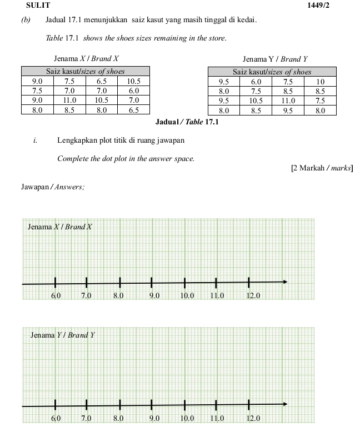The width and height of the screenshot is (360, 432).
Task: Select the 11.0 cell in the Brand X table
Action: coord(69,101)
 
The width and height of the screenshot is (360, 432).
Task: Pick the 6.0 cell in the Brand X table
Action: coord(133,91)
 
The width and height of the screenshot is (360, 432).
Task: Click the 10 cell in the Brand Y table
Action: coord(320,81)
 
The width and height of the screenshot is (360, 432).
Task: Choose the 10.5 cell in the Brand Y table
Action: coord(256,101)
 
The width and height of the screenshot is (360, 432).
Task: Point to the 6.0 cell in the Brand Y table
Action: coord(256,81)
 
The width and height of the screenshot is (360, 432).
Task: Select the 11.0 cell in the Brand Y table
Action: coord(288,101)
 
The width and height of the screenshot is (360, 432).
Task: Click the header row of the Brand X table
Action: coord(85,71)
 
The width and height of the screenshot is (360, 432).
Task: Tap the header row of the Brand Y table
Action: coord(272,72)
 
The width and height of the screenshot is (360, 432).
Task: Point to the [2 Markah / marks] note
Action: coord(322,168)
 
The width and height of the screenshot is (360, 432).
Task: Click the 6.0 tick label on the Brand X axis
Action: coord(56,295)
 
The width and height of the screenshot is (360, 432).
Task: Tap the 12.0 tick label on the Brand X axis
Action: coord(253,295)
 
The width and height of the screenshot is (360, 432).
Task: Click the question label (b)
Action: coord(26,21)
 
